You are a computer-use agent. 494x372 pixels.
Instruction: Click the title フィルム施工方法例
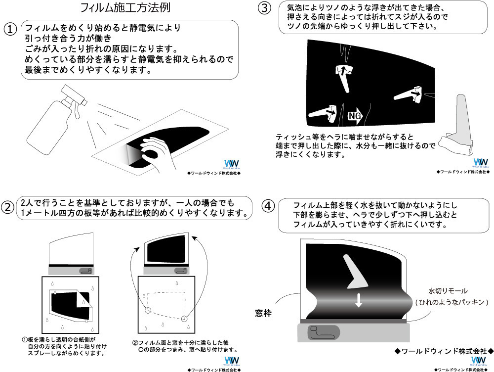click(x=126, y=8)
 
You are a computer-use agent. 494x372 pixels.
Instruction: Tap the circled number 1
click(x=11, y=29)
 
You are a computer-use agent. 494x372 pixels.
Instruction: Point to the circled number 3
click(x=265, y=8)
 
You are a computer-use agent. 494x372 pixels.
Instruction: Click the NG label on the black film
click(x=355, y=115)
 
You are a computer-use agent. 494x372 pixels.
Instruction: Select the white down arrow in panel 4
click(x=359, y=300)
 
